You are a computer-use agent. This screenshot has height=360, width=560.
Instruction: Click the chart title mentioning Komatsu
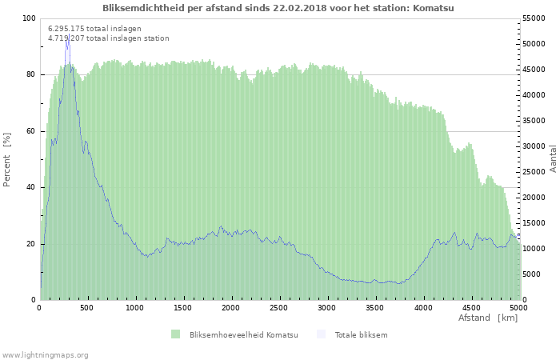pyautogui.click(x=278, y=8)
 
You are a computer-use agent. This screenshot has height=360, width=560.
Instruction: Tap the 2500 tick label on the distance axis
pyautogui.click(x=278, y=308)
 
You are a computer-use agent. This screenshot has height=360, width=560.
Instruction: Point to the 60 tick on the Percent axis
pyautogui.click(x=30, y=131)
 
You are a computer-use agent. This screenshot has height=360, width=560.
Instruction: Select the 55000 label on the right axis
pyautogui.click(x=534, y=18)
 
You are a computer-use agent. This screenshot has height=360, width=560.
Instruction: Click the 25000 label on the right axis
pyautogui.click(x=534, y=172)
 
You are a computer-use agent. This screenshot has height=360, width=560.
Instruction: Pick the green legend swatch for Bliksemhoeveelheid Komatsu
pyautogui.click(x=175, y=334)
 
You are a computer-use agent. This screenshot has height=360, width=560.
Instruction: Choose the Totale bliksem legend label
pyautogui.click(x=361, y=335)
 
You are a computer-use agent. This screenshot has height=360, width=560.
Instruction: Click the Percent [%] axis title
pyautogui.click(x=6, y=159)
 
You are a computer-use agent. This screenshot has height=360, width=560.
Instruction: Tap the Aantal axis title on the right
pyautogui.click(x=553, y=158)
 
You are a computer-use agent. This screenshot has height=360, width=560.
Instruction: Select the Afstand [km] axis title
pyautogui.click(x=488, y=318)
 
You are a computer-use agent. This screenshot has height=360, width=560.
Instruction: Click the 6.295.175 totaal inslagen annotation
pyautogui.click(x=94, y=29)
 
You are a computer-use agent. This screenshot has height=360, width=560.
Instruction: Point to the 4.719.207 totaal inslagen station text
pyautogui.click(x=109, y=38)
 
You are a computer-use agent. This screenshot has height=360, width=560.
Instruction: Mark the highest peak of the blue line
pyautogui.click(x=69, y=35)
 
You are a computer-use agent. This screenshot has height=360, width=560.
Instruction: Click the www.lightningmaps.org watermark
pyautogui.click(x=45, y=355)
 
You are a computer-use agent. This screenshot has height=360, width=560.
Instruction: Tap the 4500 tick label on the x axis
pyautogui.click(x=470, y=308)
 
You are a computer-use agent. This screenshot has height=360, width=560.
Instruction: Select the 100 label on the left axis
pyautogui.click(x=29, y=18)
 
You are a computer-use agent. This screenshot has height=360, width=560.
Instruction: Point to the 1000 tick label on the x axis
pyautogui.click(x=134, y=308)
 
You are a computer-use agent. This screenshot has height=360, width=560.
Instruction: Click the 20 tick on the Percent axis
pyautogui.click(x=30, y=244)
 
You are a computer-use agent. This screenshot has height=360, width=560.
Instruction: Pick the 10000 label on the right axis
pyautogui.click(x=534, y=249)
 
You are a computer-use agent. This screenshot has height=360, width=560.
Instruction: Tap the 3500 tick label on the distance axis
pyautogui.click(x=374, y=308)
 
